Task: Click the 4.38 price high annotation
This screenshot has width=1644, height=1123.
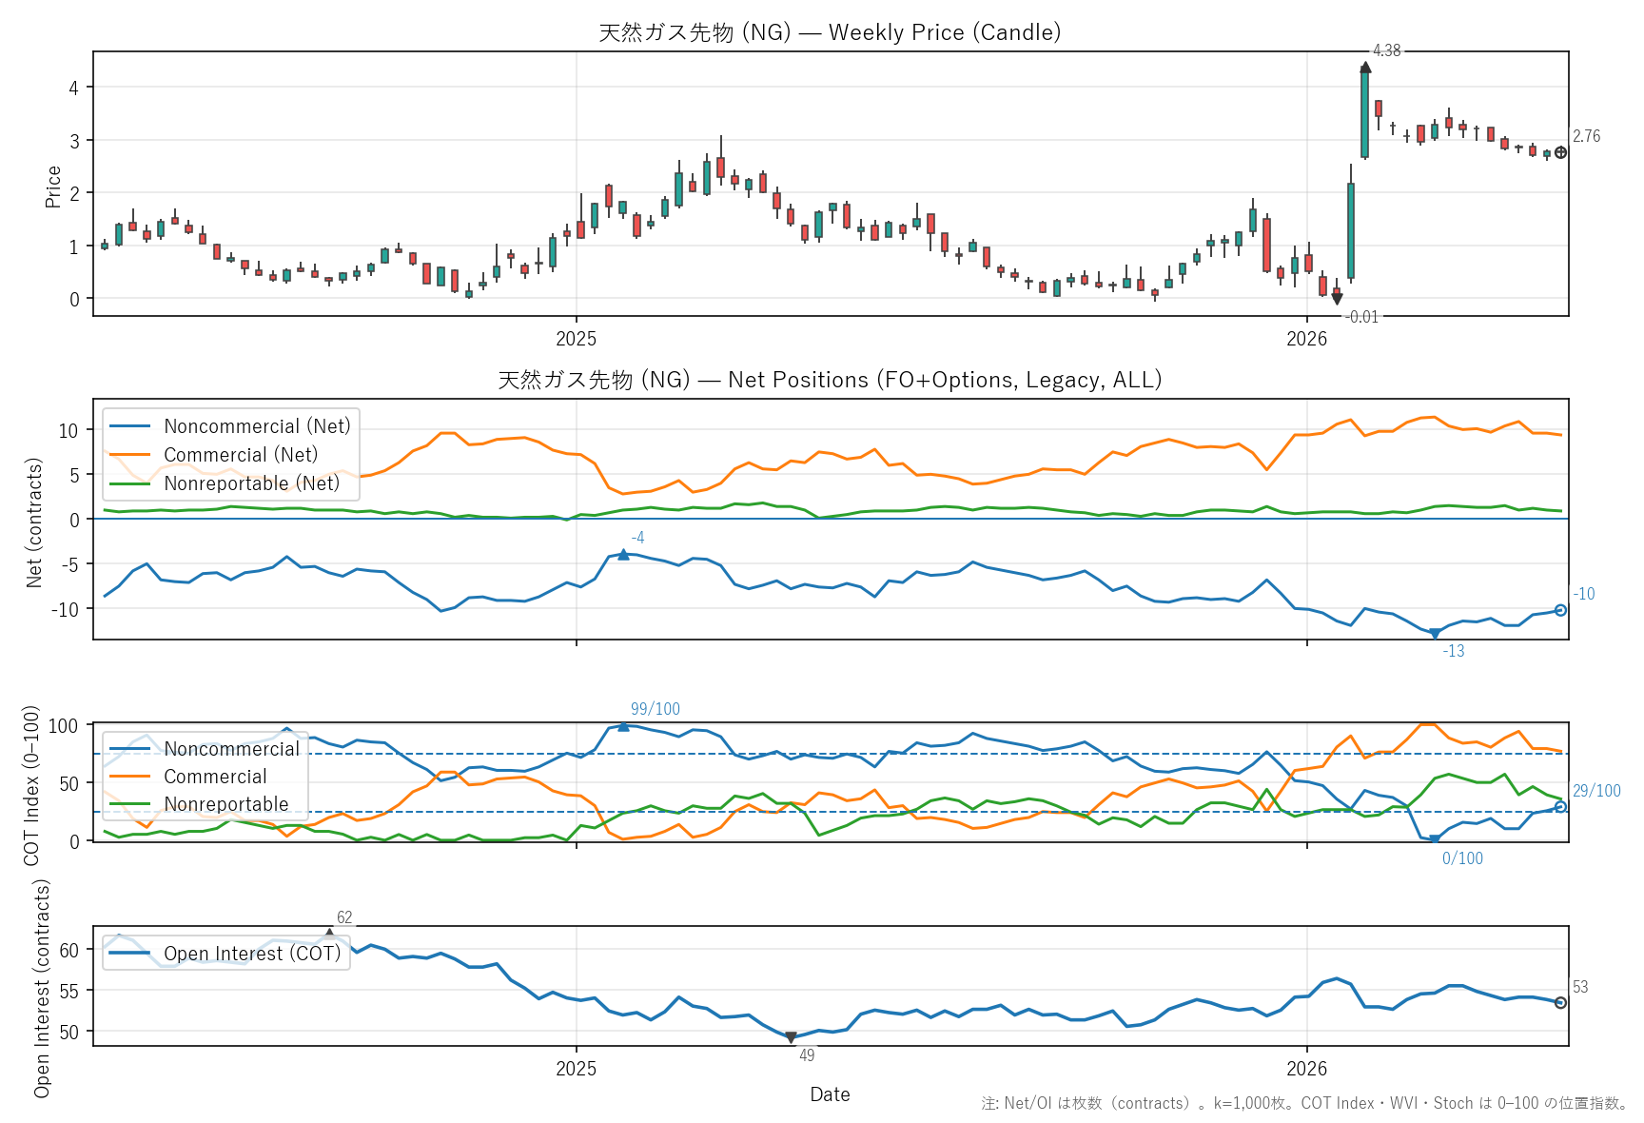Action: pos(1386,50)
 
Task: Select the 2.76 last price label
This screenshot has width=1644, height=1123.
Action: pos(1586,136)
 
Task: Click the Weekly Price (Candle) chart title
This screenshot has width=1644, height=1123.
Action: pos(830,32)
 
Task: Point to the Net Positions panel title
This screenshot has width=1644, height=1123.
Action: pos(830,380)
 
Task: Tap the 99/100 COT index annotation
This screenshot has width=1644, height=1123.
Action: pos(656,709)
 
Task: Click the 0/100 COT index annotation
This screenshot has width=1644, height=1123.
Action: pos(1462,858)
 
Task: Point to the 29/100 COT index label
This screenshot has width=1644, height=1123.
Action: pos(1596,791)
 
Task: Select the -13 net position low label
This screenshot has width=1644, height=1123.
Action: pos(1454,651)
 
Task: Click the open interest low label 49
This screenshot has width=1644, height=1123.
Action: pos(807,1054)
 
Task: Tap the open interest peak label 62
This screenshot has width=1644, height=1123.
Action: pos(344,917)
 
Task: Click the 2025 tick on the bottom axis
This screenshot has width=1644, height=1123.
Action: pos(576,1068)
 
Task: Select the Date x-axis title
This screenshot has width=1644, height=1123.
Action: pos(830,1094)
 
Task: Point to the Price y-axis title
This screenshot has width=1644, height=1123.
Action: pos(53,187)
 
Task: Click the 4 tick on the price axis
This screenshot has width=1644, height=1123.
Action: pos(74,88)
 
